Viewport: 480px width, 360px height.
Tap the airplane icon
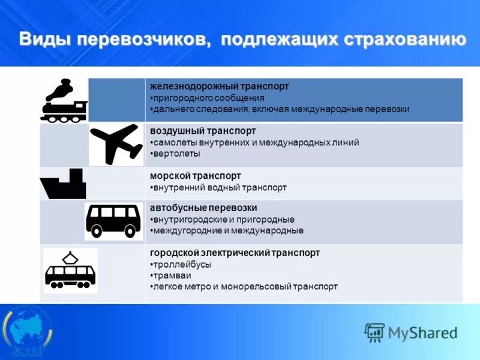tap(116, 144)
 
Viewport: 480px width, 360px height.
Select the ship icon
tap(64, 185)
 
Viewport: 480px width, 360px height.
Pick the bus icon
tap(113, 220)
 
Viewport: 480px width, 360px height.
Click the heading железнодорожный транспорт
tap(219, 86)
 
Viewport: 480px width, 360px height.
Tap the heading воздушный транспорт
tap(203, 131)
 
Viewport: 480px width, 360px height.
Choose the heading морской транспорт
tap(196, 176)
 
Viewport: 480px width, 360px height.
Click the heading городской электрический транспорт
tap(235, 253)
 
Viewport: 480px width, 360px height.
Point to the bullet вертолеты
tap(176, 154)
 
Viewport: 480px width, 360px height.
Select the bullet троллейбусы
tap(181, 264)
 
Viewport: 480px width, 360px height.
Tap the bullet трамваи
tap(172, 275)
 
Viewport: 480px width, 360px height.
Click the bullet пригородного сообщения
tap(208, 98)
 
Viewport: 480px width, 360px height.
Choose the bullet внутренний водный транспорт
tap(219, 187)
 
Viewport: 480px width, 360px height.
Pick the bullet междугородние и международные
tap(227, 230)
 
